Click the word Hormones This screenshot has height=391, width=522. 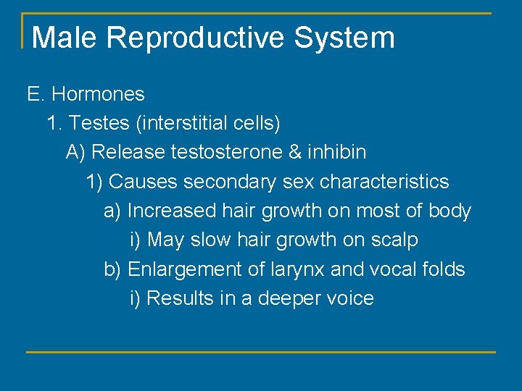click(98, 94)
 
